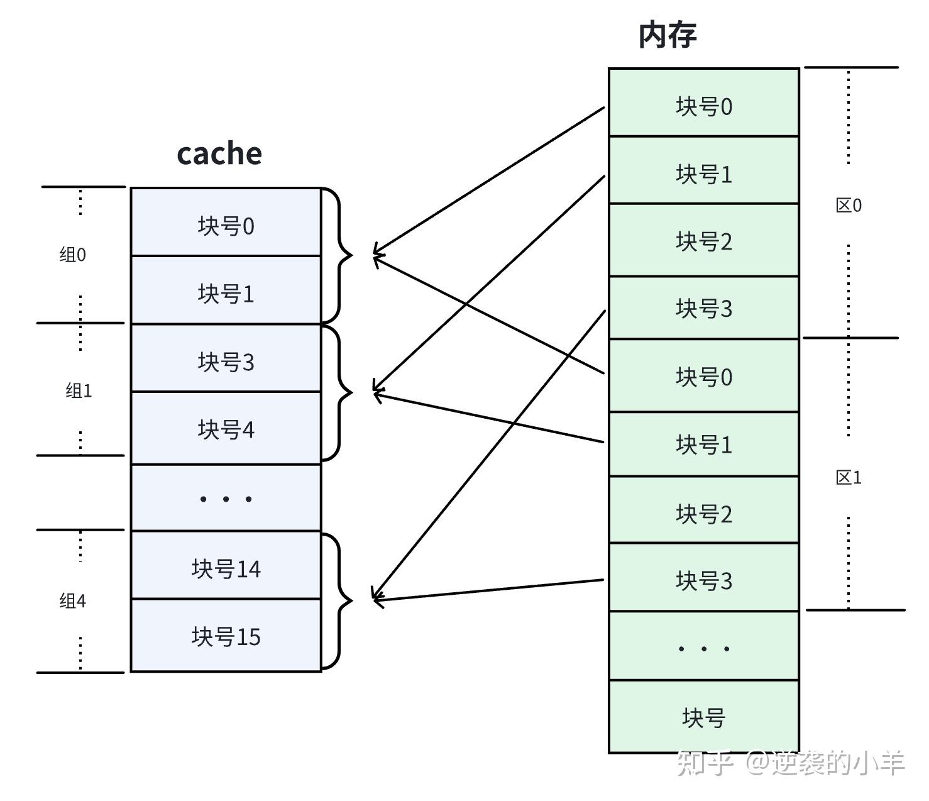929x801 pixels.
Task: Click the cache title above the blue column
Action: [219, 153]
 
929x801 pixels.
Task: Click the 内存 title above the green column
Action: [668, 35]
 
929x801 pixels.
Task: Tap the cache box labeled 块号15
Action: [226, 636]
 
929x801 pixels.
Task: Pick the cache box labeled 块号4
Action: [226, 429]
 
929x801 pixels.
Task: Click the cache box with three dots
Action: [226, 498]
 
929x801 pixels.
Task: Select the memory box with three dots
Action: [703, 646]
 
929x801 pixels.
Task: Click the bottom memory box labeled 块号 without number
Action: [703, 717]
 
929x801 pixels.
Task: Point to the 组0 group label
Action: [72, 255]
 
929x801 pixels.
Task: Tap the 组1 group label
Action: [79, 390]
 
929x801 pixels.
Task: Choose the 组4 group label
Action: [72, 601]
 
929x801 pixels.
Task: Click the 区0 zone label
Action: [849, 205]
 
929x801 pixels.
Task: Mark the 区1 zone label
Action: [849, 477]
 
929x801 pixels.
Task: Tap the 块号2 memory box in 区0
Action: [703, 241]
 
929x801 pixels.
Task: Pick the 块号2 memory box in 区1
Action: [703, 513]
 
